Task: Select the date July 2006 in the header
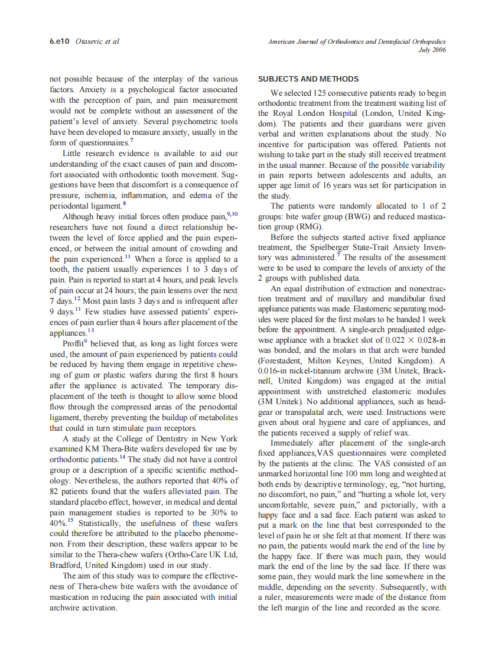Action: [432, 50]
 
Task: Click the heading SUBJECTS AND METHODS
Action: [308, 79]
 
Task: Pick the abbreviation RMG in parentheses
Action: [310, 226]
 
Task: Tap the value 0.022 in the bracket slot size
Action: [396, 340]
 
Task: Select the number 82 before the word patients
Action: [56, 491]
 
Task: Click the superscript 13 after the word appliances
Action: [91, 331]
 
